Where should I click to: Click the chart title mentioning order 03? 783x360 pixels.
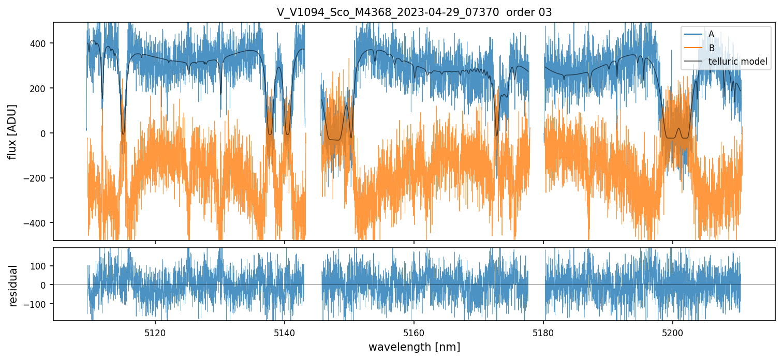[x=414, y=12]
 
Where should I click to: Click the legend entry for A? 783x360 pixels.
[x=711, y=34]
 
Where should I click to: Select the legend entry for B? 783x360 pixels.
[x=711, y=48]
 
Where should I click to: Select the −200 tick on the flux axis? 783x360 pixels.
[x=39, y=178]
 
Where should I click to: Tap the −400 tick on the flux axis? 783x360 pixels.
[x=39, y=223]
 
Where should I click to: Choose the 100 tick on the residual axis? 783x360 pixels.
[x=41, y=266]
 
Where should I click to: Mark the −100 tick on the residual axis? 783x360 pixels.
[x=39, y=304]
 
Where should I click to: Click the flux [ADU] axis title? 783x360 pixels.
[x=12, y=131]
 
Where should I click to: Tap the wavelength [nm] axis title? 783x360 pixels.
[x=414, y=347]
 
